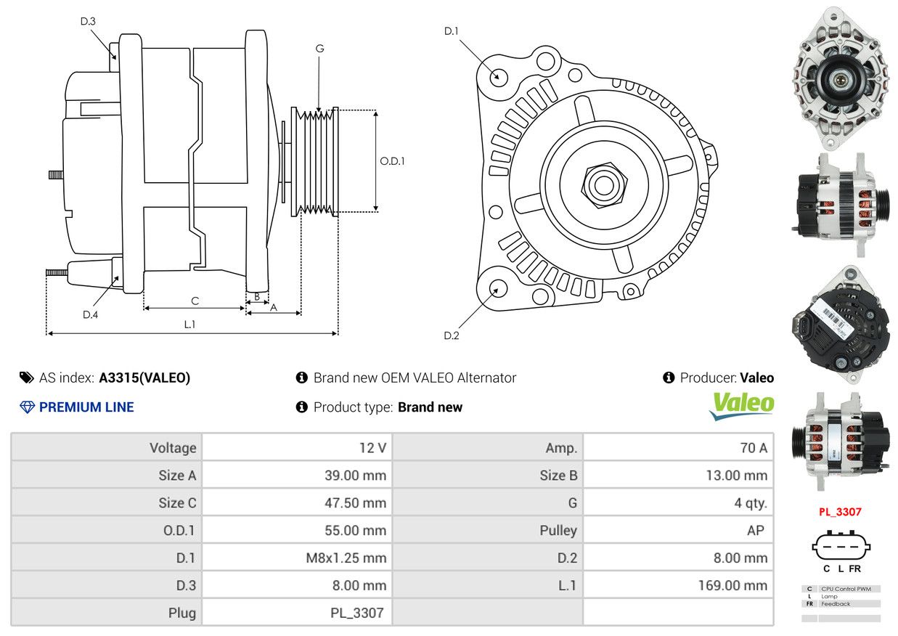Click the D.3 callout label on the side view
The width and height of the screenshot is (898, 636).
point(88,21)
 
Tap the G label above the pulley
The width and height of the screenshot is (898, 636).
point(319,49)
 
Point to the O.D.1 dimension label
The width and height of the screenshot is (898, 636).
point(392,161)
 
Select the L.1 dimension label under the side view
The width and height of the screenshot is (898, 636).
point(189,325)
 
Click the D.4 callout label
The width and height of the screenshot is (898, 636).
point(90,314)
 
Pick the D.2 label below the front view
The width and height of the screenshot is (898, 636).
point(452,335)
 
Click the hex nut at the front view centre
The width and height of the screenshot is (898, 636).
point(602,184)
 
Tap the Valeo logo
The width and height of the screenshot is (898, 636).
point(741,406)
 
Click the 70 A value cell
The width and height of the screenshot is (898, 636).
point(753,448)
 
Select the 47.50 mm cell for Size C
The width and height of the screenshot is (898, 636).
point(355,502)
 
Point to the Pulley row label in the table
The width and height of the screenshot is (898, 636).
point(558,530)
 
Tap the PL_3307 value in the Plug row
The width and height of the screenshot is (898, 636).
point(356,613)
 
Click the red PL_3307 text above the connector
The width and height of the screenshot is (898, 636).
point(840,511)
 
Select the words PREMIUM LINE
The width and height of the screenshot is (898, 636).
point(86,407)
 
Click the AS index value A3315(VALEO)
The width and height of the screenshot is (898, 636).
point(144,378)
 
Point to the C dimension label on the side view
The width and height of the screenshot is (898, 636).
point(195,301)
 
